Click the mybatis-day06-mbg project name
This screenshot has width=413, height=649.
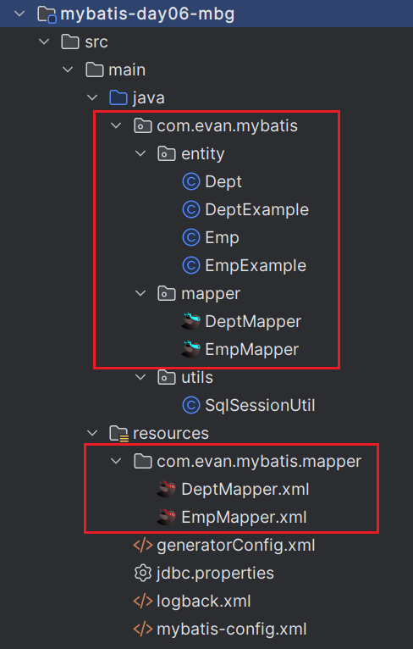tap(147, 14)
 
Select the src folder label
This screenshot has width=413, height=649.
tap(96, 42)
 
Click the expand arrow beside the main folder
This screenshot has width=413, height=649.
tap(68, 70)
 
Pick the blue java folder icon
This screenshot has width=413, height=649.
tap(118, 98)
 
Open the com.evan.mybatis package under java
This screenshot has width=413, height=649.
tap(227, 126)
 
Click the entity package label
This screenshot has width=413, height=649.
tap(202, 154)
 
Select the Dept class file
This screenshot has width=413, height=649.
tap(223, 181)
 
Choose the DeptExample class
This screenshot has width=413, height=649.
tap(256, 210)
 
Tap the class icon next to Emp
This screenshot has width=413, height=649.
tap(191, 237)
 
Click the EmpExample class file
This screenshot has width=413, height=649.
tap(256, 266)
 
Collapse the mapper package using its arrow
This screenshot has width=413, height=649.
tap(140, 293)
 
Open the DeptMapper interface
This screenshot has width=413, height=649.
tap(253, 322)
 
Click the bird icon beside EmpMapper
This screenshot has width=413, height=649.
tap(190, 349)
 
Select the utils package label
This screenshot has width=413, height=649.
tap(197, 378)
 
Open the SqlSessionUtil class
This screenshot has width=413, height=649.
tap(260, 405)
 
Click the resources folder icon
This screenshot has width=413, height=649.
tap(119, 433)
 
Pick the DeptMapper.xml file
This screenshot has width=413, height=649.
tap(245, 489)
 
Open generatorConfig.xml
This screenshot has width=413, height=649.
tap(235, 545)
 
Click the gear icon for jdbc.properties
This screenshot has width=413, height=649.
tap(143, 574)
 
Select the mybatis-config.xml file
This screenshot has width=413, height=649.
tap(232, 630)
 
